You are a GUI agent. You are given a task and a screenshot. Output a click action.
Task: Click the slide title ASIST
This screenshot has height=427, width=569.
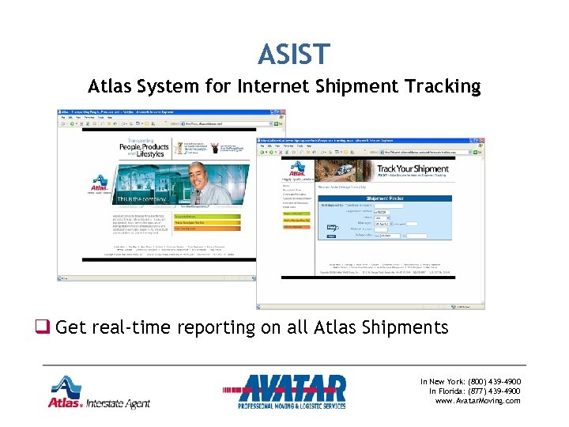click(x=292, y=54)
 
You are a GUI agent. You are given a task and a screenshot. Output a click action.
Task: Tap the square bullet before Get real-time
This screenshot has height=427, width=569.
click(x=41, y=327)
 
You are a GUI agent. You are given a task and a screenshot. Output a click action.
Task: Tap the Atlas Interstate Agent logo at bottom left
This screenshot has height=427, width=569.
click(x=99, y=393)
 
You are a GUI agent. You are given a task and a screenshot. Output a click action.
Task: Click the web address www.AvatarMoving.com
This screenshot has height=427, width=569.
click(x=478, y=401)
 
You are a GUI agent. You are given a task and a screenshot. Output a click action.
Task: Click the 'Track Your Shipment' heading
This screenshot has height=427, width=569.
click(x=413, y=169)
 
